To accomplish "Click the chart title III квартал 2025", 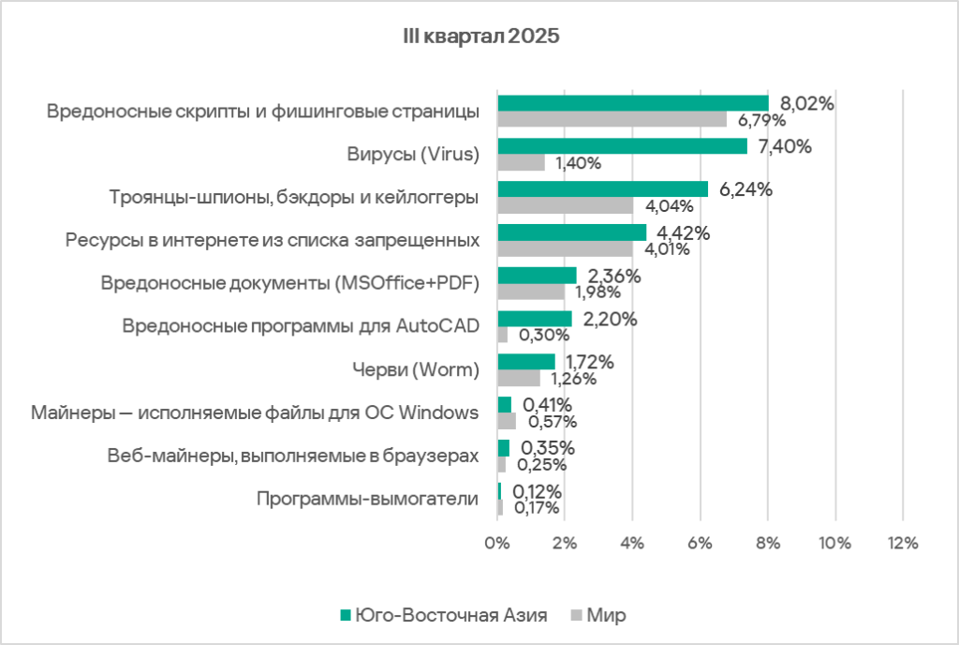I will click(x=479, y=37).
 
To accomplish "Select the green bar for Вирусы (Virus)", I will click(x=622, y=146).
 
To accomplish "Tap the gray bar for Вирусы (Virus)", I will click(x=521, y=163).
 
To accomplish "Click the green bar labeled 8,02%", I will click(x=632, y=103).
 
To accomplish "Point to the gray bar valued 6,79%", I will click(x=612, y=120).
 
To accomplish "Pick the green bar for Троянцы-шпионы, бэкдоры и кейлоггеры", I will click(x=602, y=189).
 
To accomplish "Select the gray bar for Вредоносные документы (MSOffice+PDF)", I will click(x=531, y=292).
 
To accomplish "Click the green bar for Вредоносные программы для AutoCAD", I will click(x=535, y=319).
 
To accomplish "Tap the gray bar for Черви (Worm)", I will click(x=519, y=378).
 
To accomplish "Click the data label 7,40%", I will click(x=779, y=146).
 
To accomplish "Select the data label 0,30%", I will click(x=536, y=335).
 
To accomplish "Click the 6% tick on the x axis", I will click(x=700, y=543).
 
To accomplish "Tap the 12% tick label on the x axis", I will click(x=901, y=543).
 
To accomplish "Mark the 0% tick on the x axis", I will click(x=496, y=543).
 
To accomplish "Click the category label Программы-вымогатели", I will click(x=368, y=499).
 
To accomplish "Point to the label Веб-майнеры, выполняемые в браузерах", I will click(x=293, y=456).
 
